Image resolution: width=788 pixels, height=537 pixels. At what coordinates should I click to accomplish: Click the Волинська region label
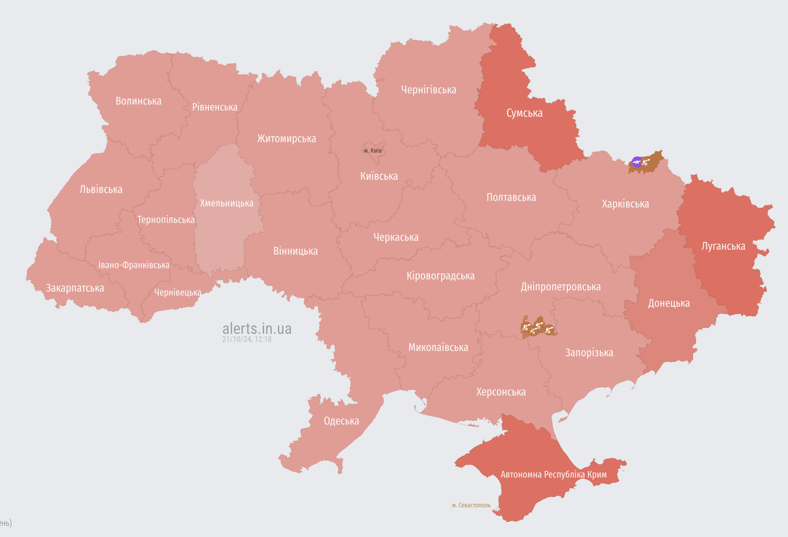click(x=138, y=101)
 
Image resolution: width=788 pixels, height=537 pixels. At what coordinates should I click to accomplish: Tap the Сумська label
click(x=524, y=113)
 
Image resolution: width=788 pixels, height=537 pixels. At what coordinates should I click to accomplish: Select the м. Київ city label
click(x=373, y=151)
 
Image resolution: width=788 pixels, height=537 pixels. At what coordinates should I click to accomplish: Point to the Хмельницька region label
click(x=227, y=203)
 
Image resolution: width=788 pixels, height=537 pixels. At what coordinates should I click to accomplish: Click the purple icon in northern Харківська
click(x=637, y=162)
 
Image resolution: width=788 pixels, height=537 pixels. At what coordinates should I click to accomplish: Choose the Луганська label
click(x=723, y=246)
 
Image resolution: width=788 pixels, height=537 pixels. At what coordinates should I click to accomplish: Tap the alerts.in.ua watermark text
click(x=257, y=329)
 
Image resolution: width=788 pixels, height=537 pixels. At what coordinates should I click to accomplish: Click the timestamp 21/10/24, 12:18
click(x=247, y=339)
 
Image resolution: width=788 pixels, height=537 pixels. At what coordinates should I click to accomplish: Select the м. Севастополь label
click(x=471, y=505)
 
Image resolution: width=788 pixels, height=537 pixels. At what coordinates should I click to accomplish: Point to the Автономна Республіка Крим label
click(x=553, y=474)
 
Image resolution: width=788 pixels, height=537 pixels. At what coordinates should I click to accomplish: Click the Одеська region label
click(x=341, y=421)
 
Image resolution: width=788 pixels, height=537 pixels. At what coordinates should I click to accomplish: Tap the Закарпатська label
click(x=75, y=288)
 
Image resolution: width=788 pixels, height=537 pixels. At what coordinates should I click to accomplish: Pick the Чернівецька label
click(x=178, y=293)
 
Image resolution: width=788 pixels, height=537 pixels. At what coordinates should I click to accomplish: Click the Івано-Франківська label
click(x=134, y=265)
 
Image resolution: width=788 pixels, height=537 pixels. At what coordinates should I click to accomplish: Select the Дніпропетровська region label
click(x=561, y=287)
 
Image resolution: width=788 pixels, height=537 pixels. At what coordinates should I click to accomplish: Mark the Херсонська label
click(x=501, y=392)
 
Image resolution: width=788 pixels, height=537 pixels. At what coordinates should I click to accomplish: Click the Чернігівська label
click(x=429, y=90)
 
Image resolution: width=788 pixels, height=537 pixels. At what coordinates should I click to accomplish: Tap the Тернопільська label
click(x=166, y=220)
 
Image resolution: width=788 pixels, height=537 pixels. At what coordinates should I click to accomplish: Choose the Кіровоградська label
click(x=440, y=276)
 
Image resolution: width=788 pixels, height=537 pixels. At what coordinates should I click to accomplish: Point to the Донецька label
click(x=669, y=303)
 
